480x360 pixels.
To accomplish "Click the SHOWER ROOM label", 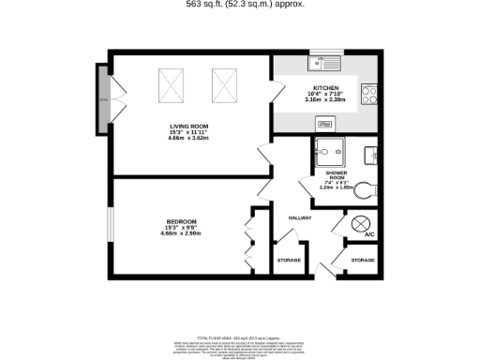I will coord(337,176).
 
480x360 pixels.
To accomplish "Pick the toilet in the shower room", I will coord(367,188).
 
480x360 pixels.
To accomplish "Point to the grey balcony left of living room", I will coord(103,98).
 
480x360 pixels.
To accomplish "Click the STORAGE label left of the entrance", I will coord(288,259).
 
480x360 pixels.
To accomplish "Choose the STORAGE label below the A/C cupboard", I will coord(362,259).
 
